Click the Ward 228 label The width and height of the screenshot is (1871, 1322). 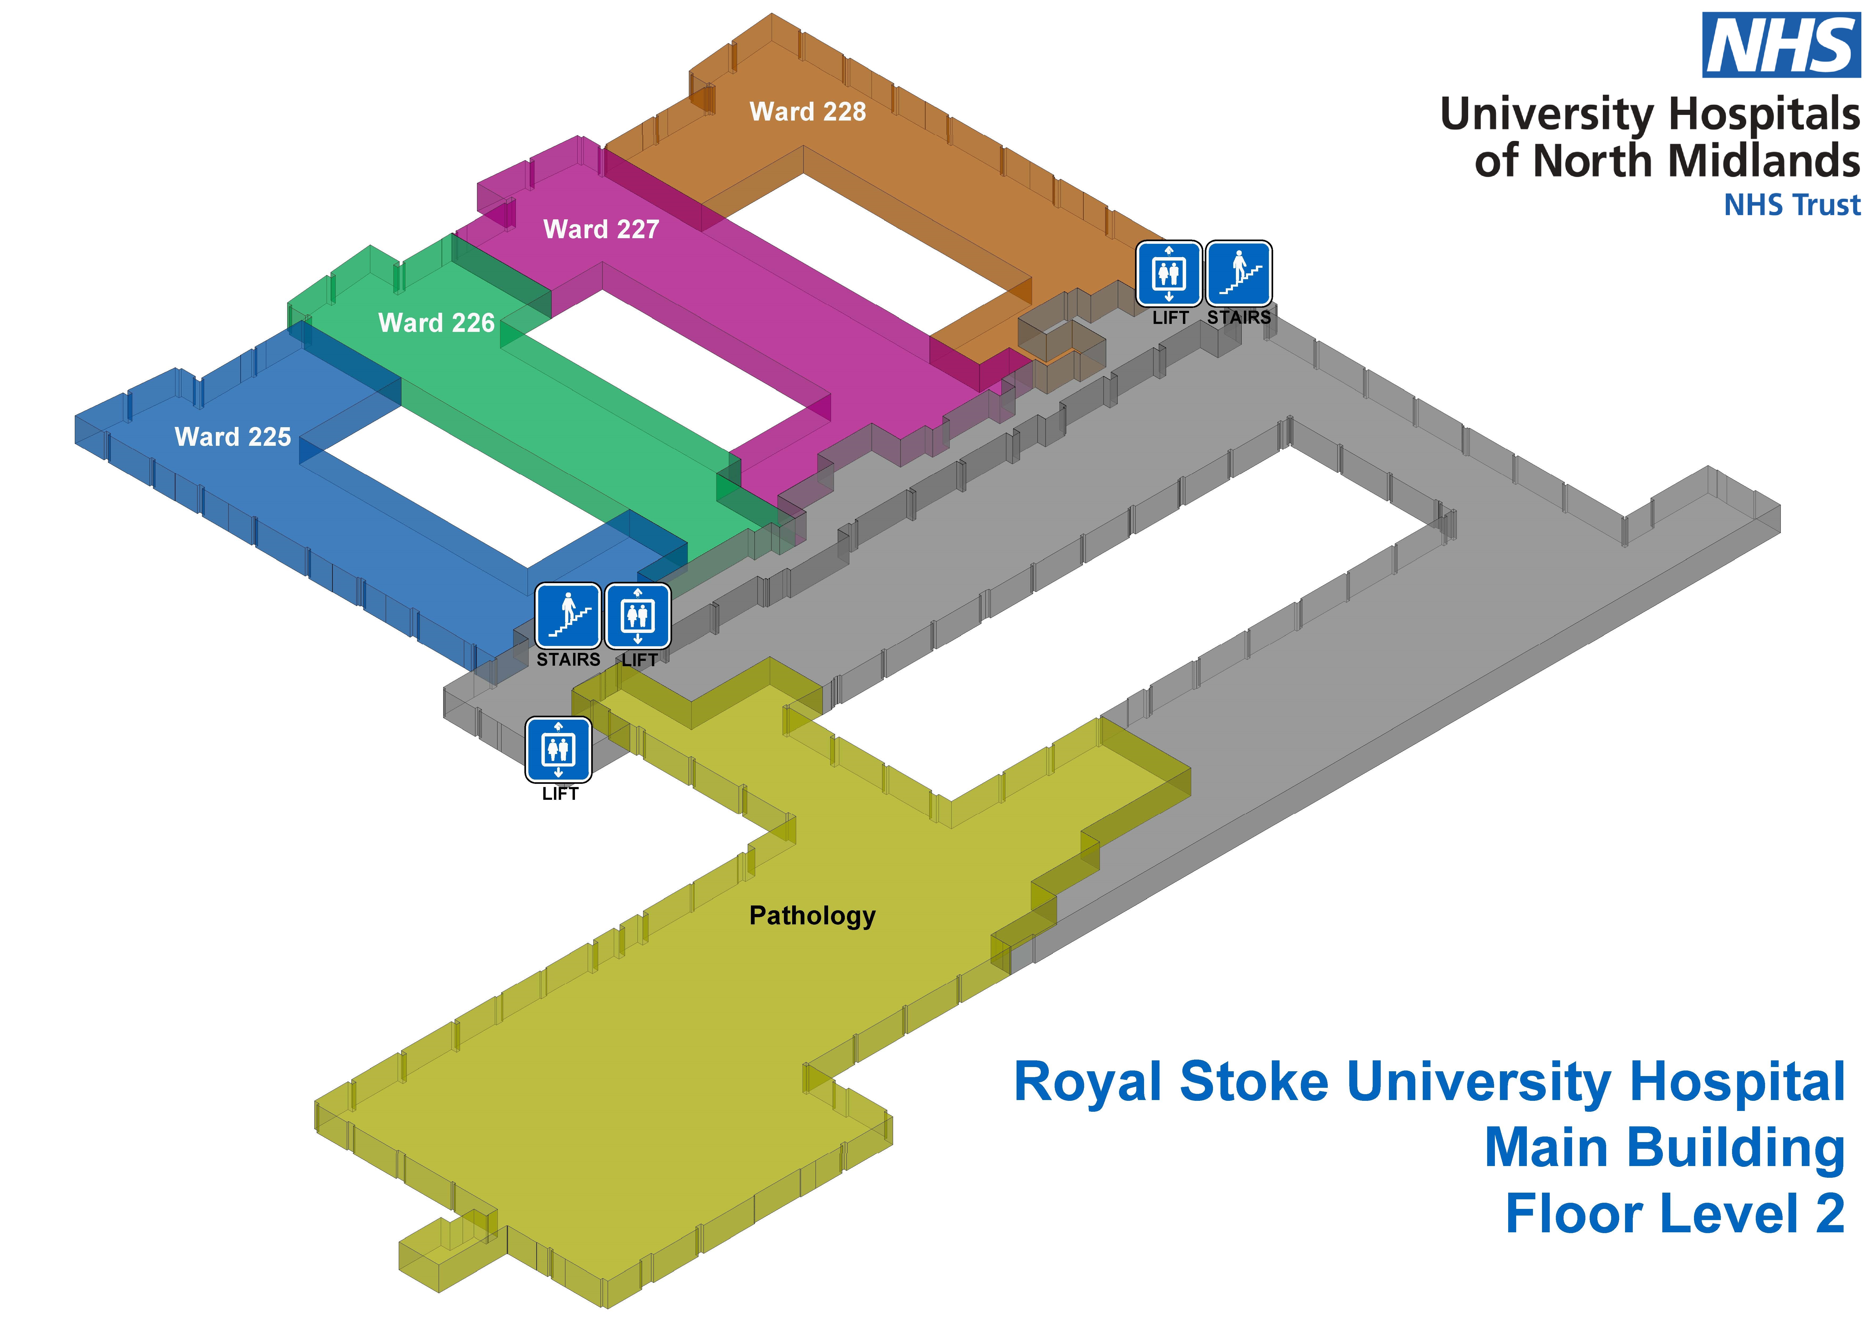pos(808,112)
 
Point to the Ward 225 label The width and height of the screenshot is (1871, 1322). pos(233,437)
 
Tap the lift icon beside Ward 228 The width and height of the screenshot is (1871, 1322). pos(1169,273)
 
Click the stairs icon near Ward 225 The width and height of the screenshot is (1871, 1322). pos(568,615)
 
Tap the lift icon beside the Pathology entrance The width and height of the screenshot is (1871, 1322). pos(558,748)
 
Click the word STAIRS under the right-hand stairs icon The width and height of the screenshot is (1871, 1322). pos(1239,318)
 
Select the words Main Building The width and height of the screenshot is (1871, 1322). pos(1664,1148)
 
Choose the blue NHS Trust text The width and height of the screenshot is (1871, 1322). pos(1792,205)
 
